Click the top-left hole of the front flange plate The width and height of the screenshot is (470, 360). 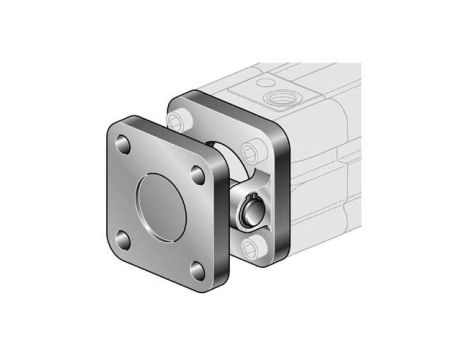(124, 147)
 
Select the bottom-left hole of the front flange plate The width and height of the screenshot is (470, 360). (123, 239)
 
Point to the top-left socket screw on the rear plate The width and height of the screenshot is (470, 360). (181, 122)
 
